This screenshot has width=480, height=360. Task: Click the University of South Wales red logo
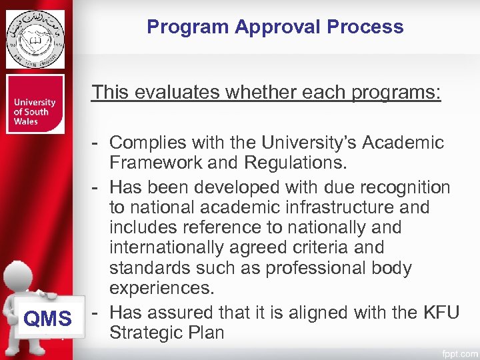pos(35,105)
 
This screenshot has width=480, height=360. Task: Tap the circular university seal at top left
pos(35,39)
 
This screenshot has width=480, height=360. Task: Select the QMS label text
pos(47,319)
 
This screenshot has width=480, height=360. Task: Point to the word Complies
pos(148,143)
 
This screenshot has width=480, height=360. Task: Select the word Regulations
pos(294,163)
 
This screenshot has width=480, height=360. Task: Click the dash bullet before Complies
pos(97,143)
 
